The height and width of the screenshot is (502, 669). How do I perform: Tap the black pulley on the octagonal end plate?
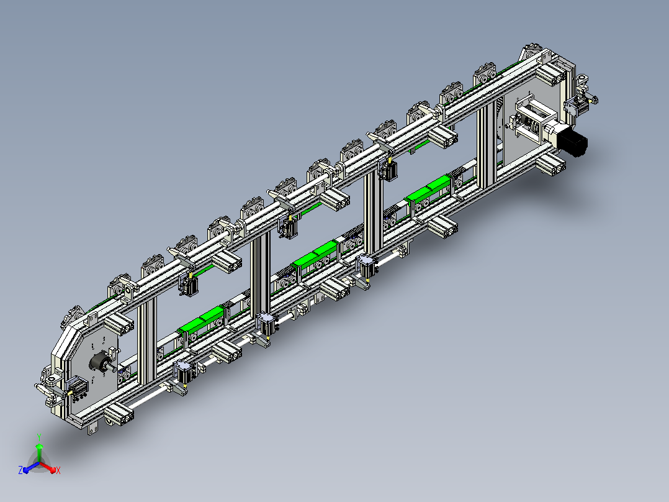pyautogui.click(x=100, y=363)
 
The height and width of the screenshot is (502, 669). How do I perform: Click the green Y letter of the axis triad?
pyautogui.click(x=39, y=437)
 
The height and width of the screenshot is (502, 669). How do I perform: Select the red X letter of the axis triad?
pyautogui.click(x=58, y=470)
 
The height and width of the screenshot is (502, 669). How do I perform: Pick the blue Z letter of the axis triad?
pyautogui.click(x=20, y=470)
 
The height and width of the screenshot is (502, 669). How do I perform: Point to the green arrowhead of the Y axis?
pyautogui.click(x=39, y=447)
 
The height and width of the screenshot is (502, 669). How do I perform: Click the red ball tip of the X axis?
pyautogui.click(x=53, y=470)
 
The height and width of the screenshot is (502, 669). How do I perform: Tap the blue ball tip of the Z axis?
pyautogui.click(x=25, y=470)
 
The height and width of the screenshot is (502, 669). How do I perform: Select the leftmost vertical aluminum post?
pyautogui.click(x=146, y=342)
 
